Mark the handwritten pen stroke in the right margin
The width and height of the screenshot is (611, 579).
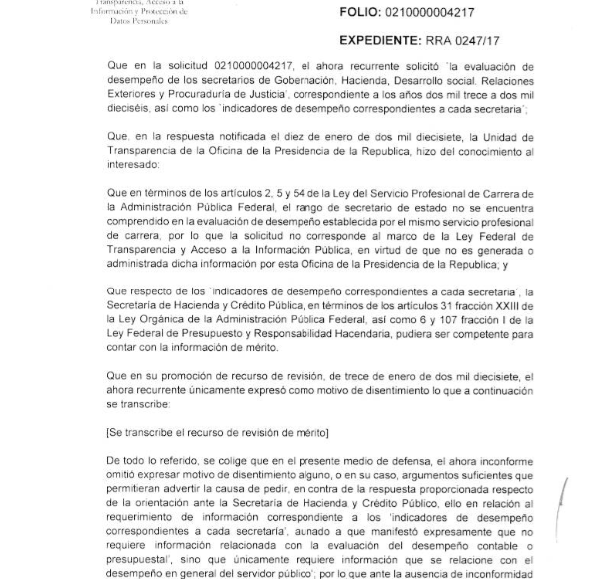pyautogui.click(x=566, y=507)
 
